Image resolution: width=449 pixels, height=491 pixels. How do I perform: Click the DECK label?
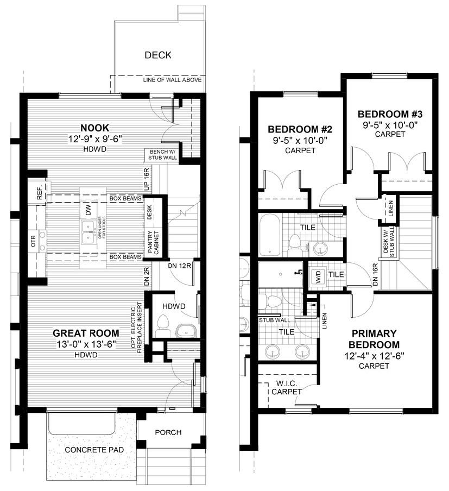click(158, 55)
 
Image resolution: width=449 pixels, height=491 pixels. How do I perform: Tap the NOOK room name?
click(96, 128)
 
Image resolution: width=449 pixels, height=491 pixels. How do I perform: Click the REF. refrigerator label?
click(40, 194)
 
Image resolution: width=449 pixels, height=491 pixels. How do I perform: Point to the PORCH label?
click(168, 432)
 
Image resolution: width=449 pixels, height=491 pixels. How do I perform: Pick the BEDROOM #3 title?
click(389, 114)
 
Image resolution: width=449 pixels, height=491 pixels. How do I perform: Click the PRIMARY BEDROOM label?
click(374, 339)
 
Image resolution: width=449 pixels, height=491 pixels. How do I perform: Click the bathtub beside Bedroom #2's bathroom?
click(270, 235)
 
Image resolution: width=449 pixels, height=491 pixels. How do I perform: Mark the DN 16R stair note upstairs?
click(375, 274)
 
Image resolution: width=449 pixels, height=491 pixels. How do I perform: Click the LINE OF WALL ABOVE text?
click(172, 80)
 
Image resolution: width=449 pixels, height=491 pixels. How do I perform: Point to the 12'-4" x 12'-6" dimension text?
click(374, 356)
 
